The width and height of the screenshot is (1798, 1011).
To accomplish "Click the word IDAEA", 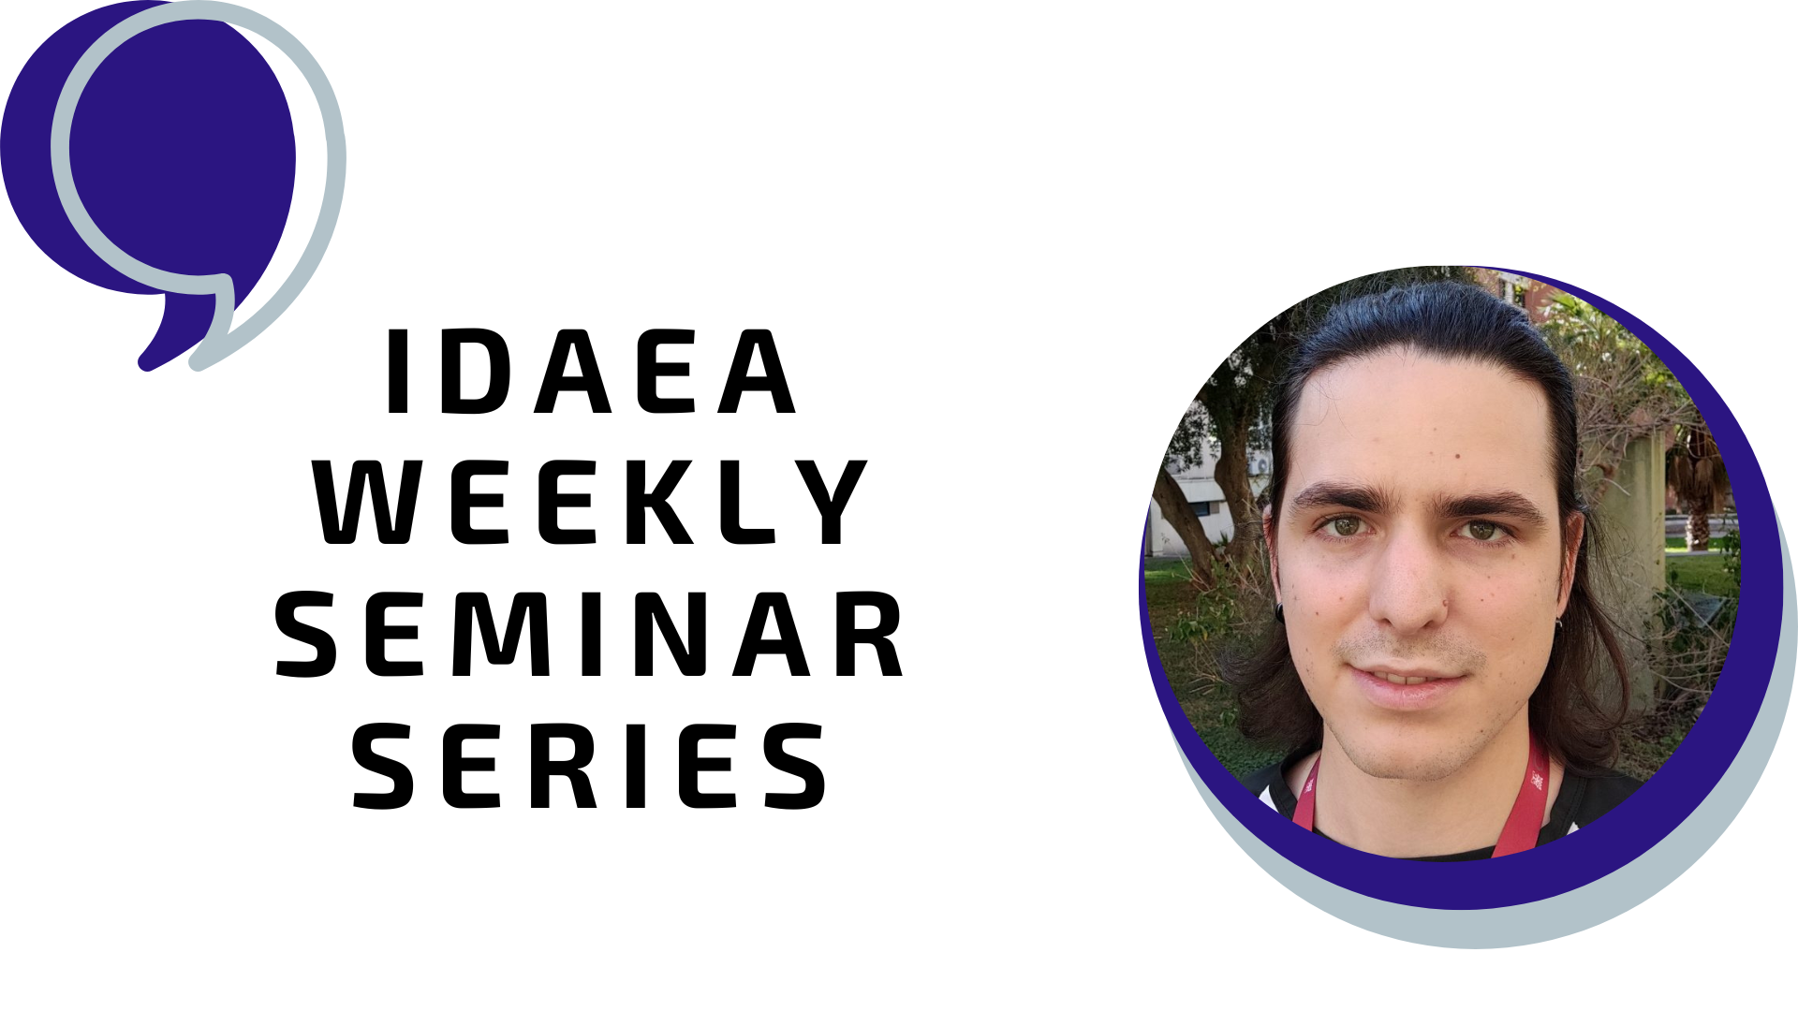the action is click(x=591, y=372).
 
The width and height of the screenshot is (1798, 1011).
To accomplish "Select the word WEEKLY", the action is click(x=590, y=503).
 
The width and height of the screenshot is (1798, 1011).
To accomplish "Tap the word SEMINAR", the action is click(x=590, y=634).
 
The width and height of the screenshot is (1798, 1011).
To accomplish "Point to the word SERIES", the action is click(x=590, y=765).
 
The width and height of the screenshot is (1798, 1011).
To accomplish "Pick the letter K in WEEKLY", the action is click(x=661, y=503).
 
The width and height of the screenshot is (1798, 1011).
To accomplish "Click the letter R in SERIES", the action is click(x=567, y=765).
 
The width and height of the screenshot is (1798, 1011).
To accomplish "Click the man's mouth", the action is click(x=1405, y=679).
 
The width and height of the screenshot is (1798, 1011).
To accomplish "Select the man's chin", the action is click(x=1405, y=749).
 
